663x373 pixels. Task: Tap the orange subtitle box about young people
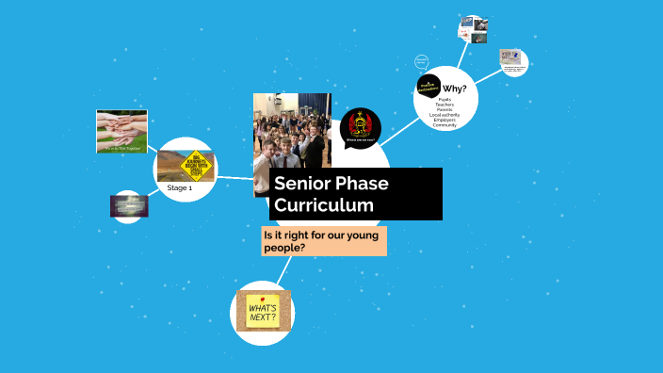tap(324, 240)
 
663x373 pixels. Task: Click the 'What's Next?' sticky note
tap(263, 310)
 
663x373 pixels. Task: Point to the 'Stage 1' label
tap(179, 188)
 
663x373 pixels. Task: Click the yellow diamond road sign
tap(197, 165)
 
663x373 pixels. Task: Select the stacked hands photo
tap(121, 131)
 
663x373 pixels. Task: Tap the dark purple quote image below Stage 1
tap(128, 204)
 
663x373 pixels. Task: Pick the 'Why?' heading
tap(455, 89)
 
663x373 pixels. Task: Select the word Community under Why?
tap(445, 125)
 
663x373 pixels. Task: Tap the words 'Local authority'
tap(445, 114)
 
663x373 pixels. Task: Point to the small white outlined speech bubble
tap(422, 62)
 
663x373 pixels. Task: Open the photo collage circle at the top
tap(472, 29)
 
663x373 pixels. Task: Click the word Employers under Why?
tap(445, 120)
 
